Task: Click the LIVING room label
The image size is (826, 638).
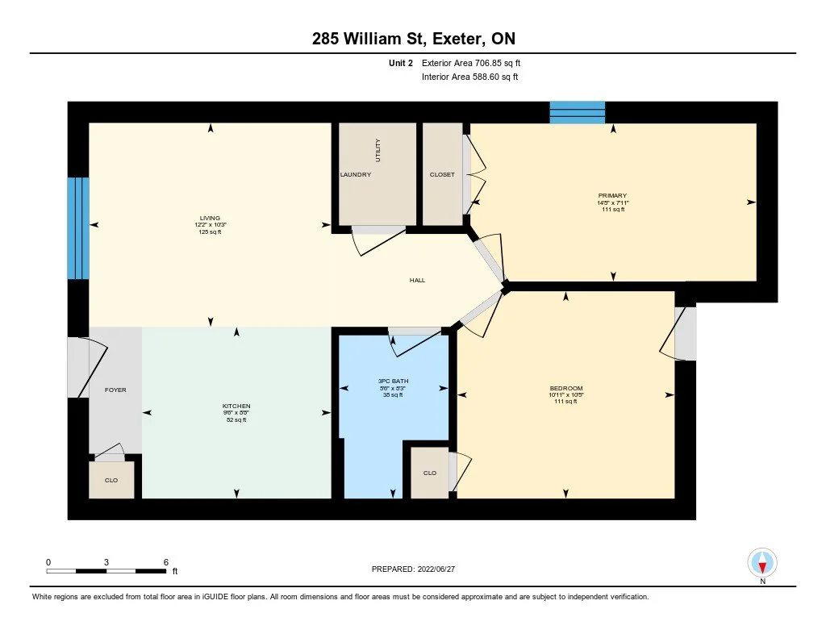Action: tap(210, 218)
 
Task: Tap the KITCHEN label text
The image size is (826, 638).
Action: tap(236, 407)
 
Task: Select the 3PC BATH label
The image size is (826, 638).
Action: tap(393, 381)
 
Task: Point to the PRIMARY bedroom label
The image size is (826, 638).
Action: tap(612, 195)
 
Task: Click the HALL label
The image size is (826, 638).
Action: tap(417, 280)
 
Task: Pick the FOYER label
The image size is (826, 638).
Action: tap(115, 390)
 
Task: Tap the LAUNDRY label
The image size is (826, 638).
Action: tap(356, 174)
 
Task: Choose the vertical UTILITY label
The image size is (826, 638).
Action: tap(378, 150)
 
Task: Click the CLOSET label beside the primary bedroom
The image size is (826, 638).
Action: tap(442, 174)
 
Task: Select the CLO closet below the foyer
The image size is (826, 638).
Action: tap(111, 481)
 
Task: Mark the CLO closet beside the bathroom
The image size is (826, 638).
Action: tap(430, 473)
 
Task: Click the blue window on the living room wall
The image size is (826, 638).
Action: tap(78, 228)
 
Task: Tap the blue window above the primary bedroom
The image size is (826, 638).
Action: tap(578, 113)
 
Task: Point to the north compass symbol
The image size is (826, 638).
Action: tap(762, 564)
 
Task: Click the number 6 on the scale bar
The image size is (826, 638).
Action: tap(166, 562)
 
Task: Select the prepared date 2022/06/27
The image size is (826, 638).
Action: tap(436, 569)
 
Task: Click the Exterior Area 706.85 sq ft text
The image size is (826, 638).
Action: tap(471, 63)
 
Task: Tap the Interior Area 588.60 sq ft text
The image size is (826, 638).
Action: tap(470, 77)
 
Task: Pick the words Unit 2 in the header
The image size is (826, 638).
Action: tap(401, 63)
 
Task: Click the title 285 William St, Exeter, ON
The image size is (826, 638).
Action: tap(414, 39)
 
